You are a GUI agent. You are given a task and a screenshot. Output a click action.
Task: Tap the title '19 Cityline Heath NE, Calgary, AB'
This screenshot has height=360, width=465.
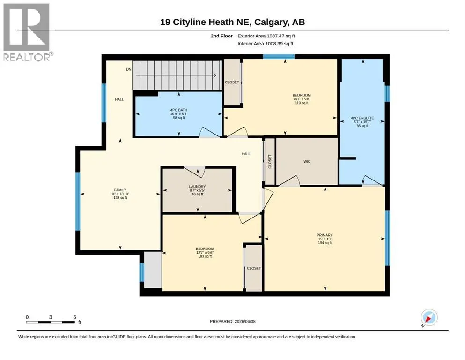(232, 22)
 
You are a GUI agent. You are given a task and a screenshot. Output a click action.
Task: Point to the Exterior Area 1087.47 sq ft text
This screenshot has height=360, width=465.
(266, 36)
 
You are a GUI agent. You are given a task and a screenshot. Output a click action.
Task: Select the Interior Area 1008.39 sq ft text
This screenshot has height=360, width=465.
(266, 44)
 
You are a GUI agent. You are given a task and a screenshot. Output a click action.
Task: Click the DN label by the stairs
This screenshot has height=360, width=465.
(129, 69)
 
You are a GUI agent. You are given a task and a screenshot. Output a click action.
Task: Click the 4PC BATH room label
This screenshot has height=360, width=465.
(179, 110)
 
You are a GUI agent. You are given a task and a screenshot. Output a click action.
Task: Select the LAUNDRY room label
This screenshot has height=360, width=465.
(197, 187)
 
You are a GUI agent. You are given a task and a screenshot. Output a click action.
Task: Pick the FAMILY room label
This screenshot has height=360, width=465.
(120, 190)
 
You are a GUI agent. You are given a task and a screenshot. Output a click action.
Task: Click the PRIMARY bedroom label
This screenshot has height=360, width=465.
(325, 235)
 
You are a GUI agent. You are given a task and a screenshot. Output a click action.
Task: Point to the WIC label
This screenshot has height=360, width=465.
(307, 161)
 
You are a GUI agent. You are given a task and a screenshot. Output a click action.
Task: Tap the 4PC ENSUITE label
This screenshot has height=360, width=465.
(362, 118)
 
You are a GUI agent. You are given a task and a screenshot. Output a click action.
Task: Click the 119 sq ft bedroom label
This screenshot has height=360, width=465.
(302, 99)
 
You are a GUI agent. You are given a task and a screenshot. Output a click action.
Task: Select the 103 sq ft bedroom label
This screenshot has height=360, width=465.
(205, 253)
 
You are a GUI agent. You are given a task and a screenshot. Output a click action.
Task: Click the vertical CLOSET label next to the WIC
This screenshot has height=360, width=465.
(270, 161)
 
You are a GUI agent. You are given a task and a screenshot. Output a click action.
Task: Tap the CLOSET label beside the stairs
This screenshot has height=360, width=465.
(232, 82)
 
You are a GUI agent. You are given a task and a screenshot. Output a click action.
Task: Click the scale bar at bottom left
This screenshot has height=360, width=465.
(51, 322)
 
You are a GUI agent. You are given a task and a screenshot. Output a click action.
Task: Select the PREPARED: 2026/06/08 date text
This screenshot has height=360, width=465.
(232, 321)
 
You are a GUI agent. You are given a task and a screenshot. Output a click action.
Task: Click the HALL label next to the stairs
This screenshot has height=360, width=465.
(119, 99)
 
